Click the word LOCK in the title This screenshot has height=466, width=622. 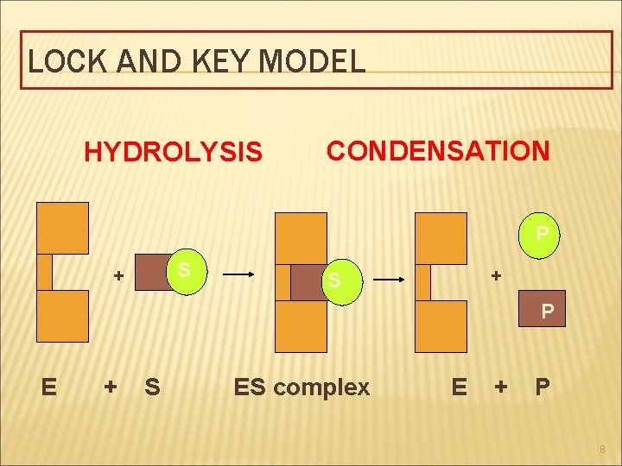coord(61,61)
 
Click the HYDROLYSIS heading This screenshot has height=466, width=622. coord(172,153)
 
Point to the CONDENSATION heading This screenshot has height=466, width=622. coord(437,151)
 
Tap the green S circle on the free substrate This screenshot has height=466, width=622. coord(183,271)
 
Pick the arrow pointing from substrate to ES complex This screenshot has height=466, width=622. coord(238,274)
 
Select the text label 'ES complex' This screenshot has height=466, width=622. coord(301,387)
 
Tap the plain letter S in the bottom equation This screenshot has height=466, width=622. coord(152,387)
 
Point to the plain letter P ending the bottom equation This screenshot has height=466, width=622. coord(543,387)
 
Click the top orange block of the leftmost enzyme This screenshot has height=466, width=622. coord(62,228)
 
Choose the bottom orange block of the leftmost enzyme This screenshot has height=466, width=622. coord(62,316)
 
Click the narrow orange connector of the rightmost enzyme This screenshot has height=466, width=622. coord(422,282)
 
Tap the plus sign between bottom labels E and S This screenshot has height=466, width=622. coord(110,387)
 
